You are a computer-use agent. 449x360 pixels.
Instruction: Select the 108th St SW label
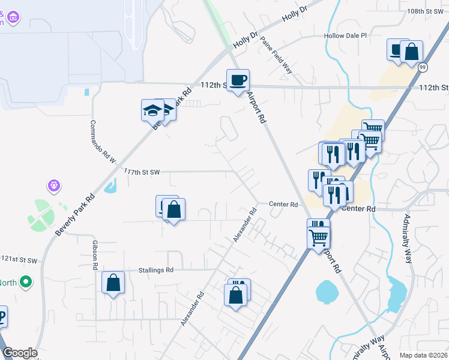click(x=424, y=11)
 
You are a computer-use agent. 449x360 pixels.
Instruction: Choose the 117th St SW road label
click(x=142, y=172)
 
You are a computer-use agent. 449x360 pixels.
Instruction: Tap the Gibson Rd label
click(x=95, y=255)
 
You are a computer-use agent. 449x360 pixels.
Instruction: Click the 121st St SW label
click(x=19, y=259)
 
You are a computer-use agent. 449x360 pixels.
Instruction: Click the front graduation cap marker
click(x=152, y=110)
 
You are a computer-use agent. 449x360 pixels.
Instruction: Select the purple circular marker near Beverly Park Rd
click(x=55, y=185)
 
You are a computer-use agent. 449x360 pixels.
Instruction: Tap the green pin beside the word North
click(x=26, y=281)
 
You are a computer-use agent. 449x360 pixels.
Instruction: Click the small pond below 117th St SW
click(x=110, y=187)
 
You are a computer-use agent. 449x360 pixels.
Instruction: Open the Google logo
click(x=20, y=353)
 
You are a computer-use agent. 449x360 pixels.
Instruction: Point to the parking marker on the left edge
click(x=1, y=317)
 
